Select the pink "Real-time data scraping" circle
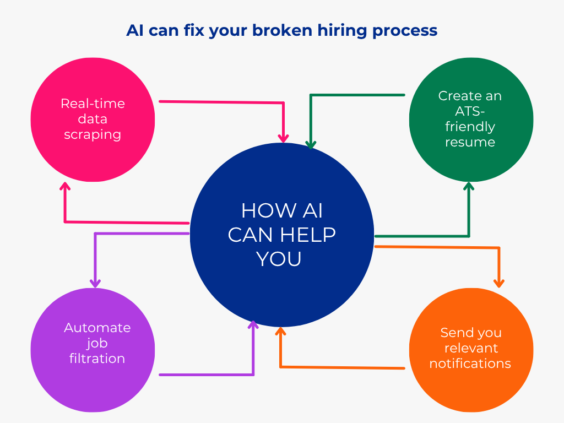point(93,120)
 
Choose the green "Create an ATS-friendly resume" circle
point(471,120)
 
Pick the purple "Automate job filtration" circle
point(93,350)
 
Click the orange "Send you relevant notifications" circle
point(471,350)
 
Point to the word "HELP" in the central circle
point(308,235)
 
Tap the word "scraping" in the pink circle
point(93,135)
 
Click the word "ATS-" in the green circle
point(470,111)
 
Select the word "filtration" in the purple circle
point(97,358)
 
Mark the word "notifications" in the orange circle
point(470,364)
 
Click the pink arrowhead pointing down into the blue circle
point(284,138)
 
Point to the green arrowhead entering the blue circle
point(311,145)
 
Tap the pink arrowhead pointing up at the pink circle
point(65,186)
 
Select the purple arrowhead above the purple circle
point(95,284)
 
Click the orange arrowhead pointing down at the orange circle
point(499,284)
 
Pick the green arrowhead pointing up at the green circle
point(469,186)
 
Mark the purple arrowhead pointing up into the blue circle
point(253,324)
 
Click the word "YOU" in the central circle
point(279,259)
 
